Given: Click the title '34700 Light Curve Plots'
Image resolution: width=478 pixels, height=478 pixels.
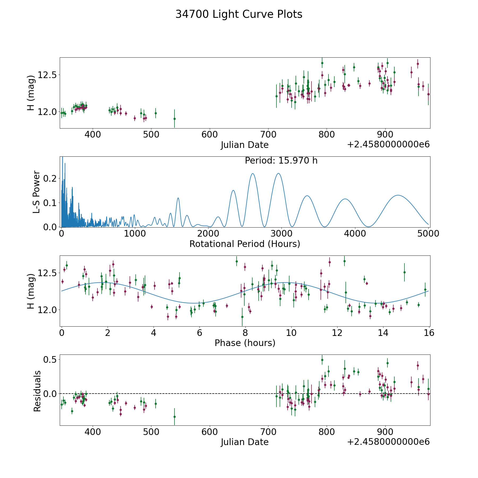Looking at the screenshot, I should [x=239, y=14].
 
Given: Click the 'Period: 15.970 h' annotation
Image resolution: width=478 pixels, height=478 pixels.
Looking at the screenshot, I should [x=281, y=161].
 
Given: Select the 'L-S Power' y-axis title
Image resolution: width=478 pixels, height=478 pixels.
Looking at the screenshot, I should [x=36, y=192].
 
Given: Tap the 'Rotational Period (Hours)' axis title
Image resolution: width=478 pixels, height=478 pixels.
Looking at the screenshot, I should [x=245, y=244].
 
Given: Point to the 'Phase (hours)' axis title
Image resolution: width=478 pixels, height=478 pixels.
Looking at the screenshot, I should [x=245, y=343].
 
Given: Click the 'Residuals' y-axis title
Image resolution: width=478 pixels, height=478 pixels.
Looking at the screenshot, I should [x=37, y=391].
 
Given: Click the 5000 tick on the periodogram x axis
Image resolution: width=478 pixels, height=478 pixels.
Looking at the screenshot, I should [x=428, y=233].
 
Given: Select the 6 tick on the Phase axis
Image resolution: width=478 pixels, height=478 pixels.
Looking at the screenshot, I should [x=199, y=333].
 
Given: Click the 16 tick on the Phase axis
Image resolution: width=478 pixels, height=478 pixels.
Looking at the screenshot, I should [x=429, y=333].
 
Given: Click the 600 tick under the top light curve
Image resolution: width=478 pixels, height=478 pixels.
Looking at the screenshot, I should [x=210, y=134].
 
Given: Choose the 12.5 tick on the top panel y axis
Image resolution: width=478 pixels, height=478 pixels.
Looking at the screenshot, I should [x=47, y=75].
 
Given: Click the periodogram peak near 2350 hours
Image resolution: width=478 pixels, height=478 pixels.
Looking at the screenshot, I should [x=233, y=190].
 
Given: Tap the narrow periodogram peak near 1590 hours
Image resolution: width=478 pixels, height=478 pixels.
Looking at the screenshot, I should [x=178, y=198].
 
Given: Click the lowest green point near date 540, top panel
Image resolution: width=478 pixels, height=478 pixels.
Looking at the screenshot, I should [x=174, y=119].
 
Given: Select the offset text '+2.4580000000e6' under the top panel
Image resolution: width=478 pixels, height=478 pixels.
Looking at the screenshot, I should [x=388, y=144].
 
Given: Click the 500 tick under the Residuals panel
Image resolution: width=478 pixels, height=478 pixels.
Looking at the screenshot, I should [x=151, y=432].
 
